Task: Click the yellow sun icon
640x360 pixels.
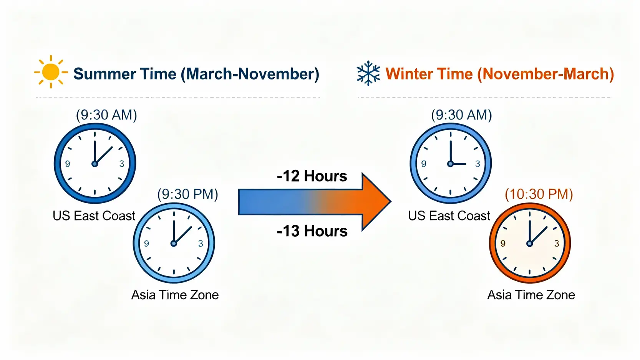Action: click(51, 72)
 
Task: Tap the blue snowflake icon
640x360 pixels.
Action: click(368, 73)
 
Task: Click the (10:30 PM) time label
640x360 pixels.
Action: click(539, 194)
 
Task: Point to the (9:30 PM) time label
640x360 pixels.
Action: click(188, 194)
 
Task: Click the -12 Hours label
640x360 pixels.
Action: click(312, 176)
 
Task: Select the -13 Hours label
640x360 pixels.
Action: click(312, 231)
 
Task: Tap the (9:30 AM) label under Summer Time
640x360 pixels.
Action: click(106, 115)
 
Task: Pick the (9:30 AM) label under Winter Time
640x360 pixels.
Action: click(461, 115)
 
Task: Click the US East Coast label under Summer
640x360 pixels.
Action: click(94, 216)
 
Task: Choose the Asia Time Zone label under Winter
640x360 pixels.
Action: click(531, 295)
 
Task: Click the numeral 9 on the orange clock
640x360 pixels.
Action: click(503, 244)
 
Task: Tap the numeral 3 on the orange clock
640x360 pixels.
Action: click(557, 244)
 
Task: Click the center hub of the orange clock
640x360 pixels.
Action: click(530, 244)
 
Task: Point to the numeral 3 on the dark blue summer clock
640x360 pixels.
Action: click(122, 164)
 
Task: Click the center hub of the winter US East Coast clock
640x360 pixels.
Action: click(451, 164)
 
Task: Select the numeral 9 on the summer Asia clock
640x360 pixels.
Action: click(147, 244)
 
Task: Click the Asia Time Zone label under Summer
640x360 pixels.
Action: click(175, 295)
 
